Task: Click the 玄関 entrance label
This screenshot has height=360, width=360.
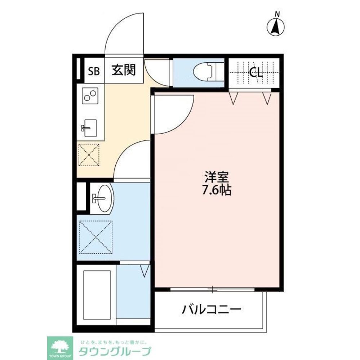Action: (123, 70)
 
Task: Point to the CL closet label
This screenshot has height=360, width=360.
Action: (255, 73)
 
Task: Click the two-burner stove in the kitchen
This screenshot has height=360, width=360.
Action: (90, 96)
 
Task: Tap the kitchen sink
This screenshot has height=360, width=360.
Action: (89, 128)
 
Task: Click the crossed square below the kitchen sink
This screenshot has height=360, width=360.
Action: (89, 155)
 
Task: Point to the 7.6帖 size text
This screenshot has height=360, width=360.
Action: (216, 190)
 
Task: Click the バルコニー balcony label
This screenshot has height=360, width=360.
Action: (211, 309)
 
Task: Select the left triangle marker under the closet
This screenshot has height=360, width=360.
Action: (234, 98)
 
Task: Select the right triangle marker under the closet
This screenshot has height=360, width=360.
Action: (267, 98)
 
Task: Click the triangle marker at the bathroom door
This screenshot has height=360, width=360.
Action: (145, 270)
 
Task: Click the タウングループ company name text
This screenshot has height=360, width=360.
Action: (115, 350)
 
